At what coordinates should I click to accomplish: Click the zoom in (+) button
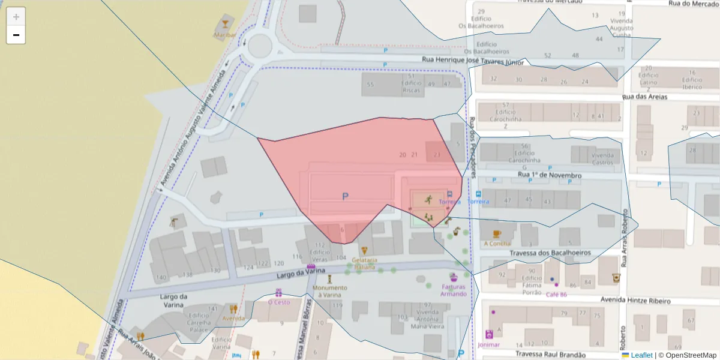click(x=16, y=17)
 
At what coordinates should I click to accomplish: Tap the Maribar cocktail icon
click(x=225, y=24)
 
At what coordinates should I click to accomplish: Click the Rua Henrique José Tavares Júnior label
click(x=473, y=60)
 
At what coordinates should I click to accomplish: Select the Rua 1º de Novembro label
click(x=549, y=175)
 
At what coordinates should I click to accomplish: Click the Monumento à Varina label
click(x=329, y=291)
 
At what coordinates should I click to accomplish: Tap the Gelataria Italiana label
click(x=364, y=264)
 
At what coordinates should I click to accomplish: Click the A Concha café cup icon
click(x=497, y=234)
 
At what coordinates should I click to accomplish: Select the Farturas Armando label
click(x=454, y=290)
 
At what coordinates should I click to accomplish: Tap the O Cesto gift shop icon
click(x=279, y=293)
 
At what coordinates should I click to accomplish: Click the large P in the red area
click(x=345, y=196)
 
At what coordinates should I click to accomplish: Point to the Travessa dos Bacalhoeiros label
click(x=547, y=253)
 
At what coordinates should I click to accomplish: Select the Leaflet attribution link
click(x=641, y=355)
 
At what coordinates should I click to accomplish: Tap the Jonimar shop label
click(x=489, y=345)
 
